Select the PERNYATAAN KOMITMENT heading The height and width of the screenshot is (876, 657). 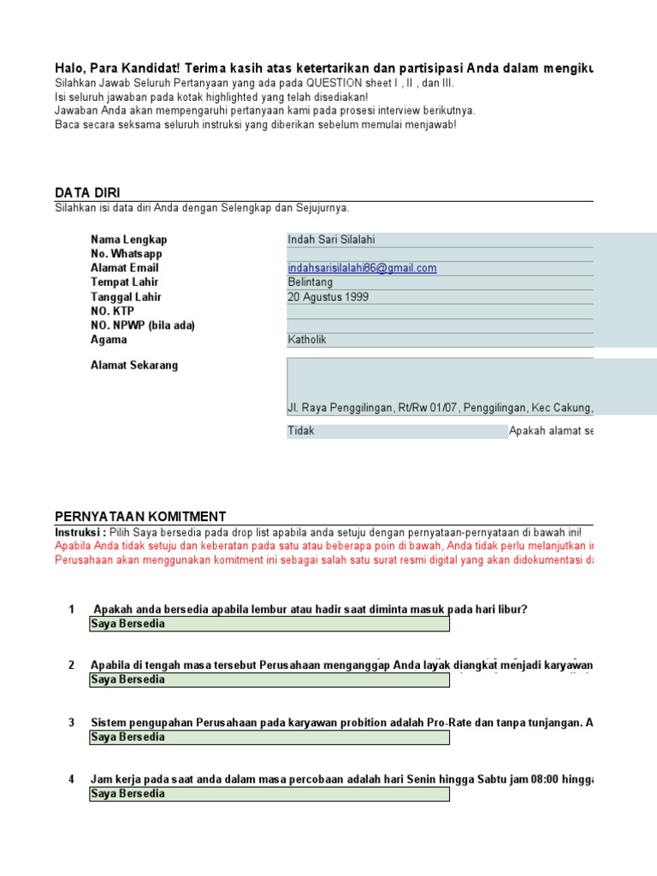coord(140,516)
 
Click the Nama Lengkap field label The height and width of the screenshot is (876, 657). coord(128,240)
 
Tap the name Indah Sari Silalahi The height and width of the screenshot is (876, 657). coord(331,240)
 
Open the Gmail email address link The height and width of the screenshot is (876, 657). coord(362,268)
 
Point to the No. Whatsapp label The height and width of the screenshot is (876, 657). coord(126,254)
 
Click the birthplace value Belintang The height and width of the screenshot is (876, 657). coord(311,282)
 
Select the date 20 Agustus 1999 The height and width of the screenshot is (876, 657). coord(328,297)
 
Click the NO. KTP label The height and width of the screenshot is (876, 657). coord(112,311)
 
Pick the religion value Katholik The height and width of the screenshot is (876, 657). coord(307,340)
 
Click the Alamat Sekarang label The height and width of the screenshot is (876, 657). coord(134,365)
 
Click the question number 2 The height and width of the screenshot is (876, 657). coord(72,665)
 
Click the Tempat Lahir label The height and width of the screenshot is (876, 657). coord(124,282)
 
